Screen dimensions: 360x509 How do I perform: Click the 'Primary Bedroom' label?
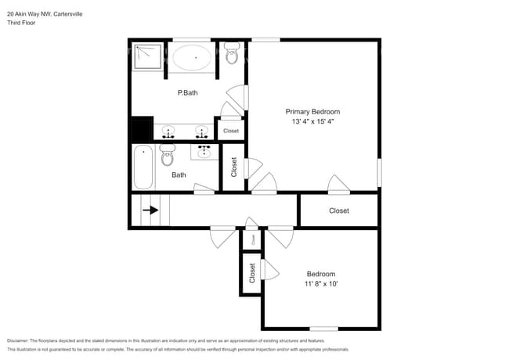pyautogui.click(x=312, y=112)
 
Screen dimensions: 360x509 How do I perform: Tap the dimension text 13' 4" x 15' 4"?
pyautogui.click(x=312, y=122)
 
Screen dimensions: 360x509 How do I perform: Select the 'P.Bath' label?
pyautogui.click(x=187, y=93)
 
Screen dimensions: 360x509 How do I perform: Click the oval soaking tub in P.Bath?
pyautogui.click(x=191, y=58)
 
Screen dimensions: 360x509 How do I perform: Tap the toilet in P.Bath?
pyautogui.click(x=232, y=55)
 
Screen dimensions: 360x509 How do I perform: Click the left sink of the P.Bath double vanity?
pyautogui.click(x=168, y=131)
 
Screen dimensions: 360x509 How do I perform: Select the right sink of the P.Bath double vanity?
pyautogui.click(x=202, y=131)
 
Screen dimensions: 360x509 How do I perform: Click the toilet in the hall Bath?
pyautogui.click(x=167, y=157)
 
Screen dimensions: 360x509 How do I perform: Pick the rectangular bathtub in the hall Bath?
pyautogui.click(x=143, y=167)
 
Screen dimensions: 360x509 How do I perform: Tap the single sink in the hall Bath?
pyautogui.click(x=204, y=149)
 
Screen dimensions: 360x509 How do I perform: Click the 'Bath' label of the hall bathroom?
pyautogui.click(x=179, y=175)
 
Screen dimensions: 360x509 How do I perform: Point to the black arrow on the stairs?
pyautogui.click(x=150, y=211)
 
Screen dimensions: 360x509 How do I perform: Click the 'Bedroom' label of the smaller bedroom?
pyautogui.click(x=321, y=274)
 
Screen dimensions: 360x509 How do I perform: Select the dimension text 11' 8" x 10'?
pyautogui.click(x=321, y=283)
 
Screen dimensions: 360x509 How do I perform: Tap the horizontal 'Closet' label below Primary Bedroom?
pyautogui.click(x=338, y=211)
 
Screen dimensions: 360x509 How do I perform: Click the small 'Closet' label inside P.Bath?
pyautogui.click(x=231, y=131)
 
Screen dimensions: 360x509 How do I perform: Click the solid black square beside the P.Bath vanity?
pyautogui.click(x=142, y=128)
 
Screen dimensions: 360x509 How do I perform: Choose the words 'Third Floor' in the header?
pyautogui.click(x=21, y=23)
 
